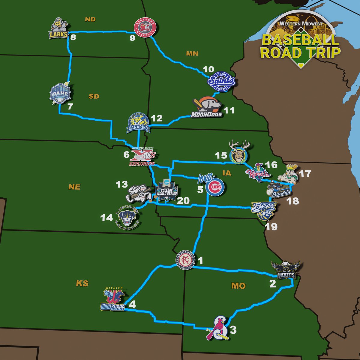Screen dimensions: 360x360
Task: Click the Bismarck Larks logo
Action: [59, 29]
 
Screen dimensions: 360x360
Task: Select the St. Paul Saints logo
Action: [222, 81]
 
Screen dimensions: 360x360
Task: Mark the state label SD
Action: [94, 96]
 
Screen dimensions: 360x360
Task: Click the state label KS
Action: [82, 283]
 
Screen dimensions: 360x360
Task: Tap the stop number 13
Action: [122, 184]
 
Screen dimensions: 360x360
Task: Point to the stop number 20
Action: [183, 201]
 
